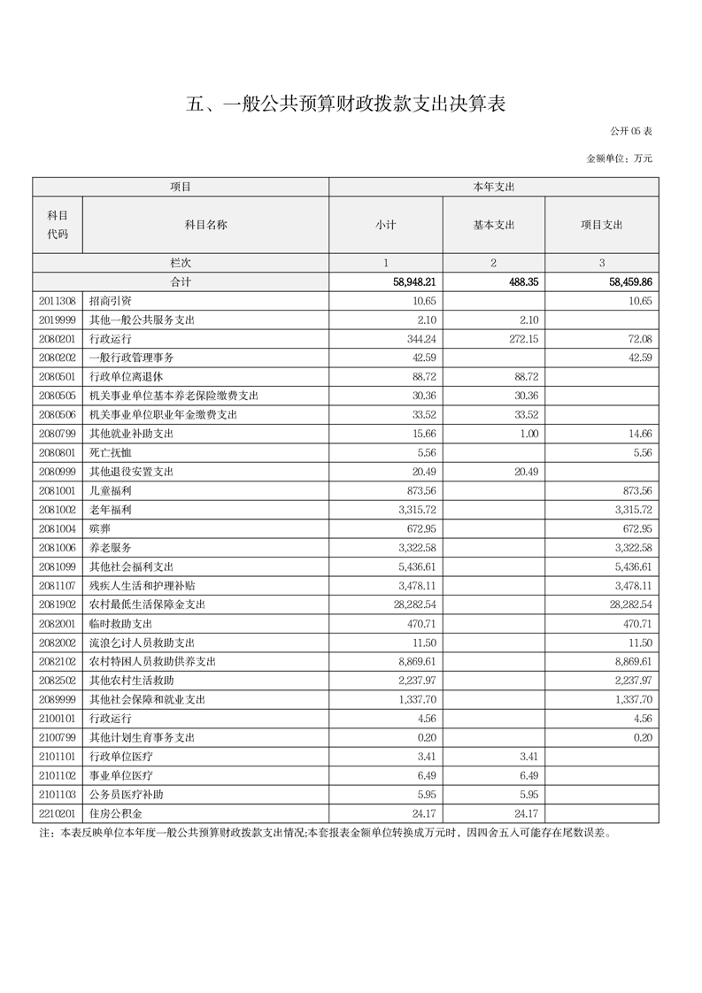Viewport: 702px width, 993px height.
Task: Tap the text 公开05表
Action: tap(631, 131)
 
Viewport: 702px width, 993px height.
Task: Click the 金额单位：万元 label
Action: tap(620, 158)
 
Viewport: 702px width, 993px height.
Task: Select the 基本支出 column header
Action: tap(493, 225)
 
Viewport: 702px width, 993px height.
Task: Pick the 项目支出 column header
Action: tap(601, 225)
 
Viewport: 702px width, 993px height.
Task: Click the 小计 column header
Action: tap(385, 225)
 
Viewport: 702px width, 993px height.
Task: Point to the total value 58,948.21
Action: tap(409, 282)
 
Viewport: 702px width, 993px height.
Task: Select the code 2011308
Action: tap(57, 301)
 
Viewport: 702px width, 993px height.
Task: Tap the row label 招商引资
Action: tap(111, 301)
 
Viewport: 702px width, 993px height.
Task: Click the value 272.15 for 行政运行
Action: tap(521, 339)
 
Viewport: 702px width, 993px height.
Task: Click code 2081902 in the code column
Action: tap(57, 604)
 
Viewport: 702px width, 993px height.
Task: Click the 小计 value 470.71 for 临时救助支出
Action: tap(418, 623)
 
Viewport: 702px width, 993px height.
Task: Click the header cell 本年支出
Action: tap(493, 187)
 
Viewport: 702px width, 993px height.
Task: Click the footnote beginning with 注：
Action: tap(325, 833)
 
